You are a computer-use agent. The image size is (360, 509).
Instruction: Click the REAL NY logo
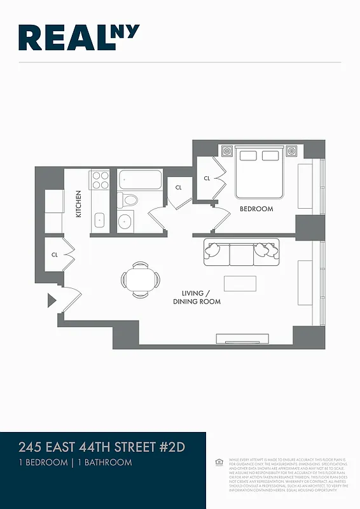click(79, 38)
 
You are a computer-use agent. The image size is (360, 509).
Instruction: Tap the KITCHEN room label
click(79, 204)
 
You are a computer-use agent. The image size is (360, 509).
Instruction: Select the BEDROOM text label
click(256, 209)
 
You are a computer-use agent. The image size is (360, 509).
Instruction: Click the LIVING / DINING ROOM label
click(197, 297)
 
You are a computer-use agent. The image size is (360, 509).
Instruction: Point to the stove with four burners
click(100, 180)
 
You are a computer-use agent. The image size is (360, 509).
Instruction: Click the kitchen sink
click(100, 221)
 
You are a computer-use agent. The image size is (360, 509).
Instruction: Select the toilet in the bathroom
click(129, 200)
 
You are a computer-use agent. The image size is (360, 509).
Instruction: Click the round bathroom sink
click(125, 221)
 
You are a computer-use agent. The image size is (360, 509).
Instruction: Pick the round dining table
click(141, 279)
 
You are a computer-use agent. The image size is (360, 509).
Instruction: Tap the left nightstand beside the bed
click(227, 151)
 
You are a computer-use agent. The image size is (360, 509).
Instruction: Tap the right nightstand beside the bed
click(292, 151)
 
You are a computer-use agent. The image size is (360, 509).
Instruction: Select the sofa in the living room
click(240, 253)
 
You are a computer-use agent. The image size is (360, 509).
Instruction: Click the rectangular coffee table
click(240, 283)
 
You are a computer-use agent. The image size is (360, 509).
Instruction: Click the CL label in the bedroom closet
click(207, 179)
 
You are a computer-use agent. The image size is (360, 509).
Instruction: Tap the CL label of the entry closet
click(55, 254)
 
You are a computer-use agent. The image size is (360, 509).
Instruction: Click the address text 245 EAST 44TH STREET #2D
click(102, 447)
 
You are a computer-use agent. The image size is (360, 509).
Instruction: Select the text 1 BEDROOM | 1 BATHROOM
click(76, 463)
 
